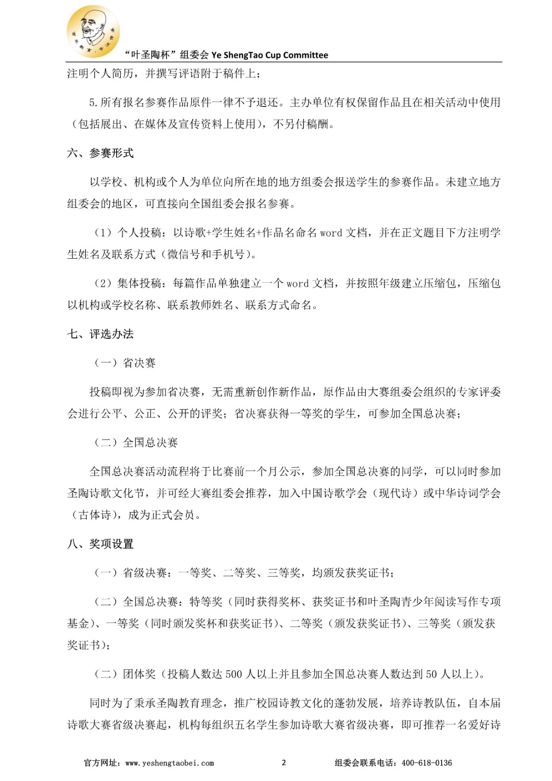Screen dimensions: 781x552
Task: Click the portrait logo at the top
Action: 93,32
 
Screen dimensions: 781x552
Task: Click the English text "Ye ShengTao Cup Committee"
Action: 269,55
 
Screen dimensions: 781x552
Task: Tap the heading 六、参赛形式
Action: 100,153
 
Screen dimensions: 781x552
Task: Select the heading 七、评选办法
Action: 100,334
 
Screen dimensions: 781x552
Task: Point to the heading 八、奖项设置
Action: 100,544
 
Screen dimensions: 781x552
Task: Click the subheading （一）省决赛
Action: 125,363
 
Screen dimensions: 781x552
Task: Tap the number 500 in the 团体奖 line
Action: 233,675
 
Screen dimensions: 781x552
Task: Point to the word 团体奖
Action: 139,675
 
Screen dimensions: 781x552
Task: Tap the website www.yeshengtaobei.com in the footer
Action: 169,763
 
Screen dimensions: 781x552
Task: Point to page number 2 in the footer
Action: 284,763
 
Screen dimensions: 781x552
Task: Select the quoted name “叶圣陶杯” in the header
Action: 149,55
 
